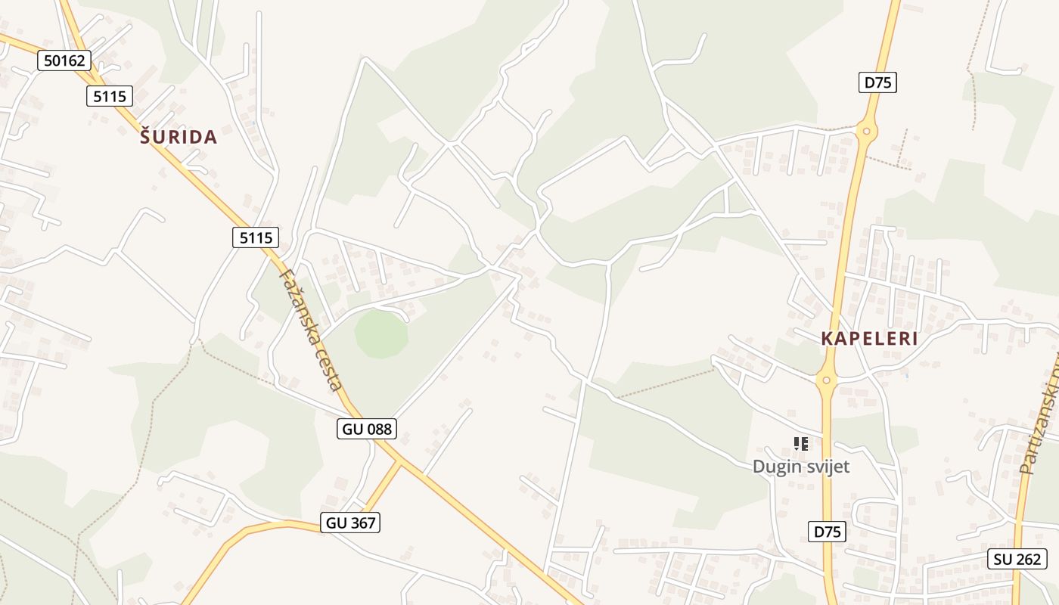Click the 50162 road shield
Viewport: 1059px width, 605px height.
click(x=64, y=60)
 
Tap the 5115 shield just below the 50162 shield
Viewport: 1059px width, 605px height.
click(x=110, y=96)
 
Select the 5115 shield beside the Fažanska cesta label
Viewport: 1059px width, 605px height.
click(x=255, y=237)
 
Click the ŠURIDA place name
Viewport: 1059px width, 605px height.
click(x=179, y=137)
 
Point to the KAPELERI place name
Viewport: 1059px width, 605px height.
click(x=869, y=339)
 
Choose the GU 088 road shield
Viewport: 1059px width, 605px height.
click(x=367, y=429)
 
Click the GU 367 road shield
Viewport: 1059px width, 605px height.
click(x=349, y=522)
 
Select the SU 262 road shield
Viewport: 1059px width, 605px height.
click(x=1017, y=559)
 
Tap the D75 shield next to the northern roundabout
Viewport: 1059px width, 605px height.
click(x=877, y=82)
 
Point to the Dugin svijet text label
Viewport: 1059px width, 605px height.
click(x=801, y=467)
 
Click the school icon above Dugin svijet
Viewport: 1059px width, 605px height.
click(x=801, y=444)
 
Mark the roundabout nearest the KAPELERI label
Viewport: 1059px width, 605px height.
click(x=826, y=380)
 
